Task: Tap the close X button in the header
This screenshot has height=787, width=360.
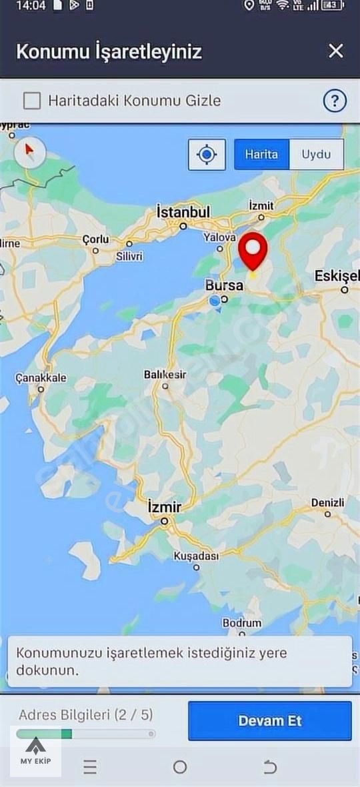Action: (x=336, y=51)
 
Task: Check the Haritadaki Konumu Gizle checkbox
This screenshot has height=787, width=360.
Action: (x=32, y=101)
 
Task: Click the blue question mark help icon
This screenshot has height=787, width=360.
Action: (x=335, y=101)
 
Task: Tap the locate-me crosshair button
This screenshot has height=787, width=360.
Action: (x=207, y=155)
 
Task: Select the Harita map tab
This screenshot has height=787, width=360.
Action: (x=261, y=154)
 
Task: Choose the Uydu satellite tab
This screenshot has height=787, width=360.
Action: (x=316, y=154)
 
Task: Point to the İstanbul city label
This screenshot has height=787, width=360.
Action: (x=183, y=212)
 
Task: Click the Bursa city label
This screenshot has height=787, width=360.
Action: (x=225, y=285)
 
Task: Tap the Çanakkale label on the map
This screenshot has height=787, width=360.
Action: (x=41, y=378)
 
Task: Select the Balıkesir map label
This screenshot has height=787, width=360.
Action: (x=165, y=375)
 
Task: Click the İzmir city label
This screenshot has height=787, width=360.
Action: (x=164, y=508)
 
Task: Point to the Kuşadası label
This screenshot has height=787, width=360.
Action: (x=196, y=556)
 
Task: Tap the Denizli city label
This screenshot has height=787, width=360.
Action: (x=327, y=503)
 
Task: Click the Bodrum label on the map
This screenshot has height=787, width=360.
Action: (x=242, y=623)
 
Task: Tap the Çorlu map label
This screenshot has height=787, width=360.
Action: (x=95, y=239)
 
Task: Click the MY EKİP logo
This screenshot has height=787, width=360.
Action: (x=36, y=751)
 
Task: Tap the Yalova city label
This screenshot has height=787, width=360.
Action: (x=219, y=237)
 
